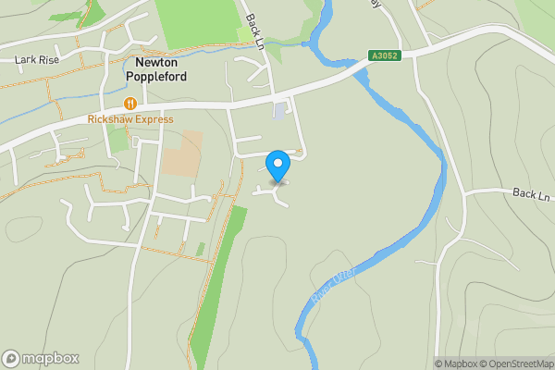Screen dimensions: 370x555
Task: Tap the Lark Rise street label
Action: [x=38, y=59]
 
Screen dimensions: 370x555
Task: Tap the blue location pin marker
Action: [x=277, y=166]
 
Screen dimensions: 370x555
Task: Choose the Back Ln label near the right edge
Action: [x=531, y=195]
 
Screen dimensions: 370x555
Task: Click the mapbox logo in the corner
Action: [x=41, y=358]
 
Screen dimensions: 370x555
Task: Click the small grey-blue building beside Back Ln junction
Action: [x=280, y=112]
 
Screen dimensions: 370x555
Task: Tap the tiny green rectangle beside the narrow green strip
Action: [x=200, y=249]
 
